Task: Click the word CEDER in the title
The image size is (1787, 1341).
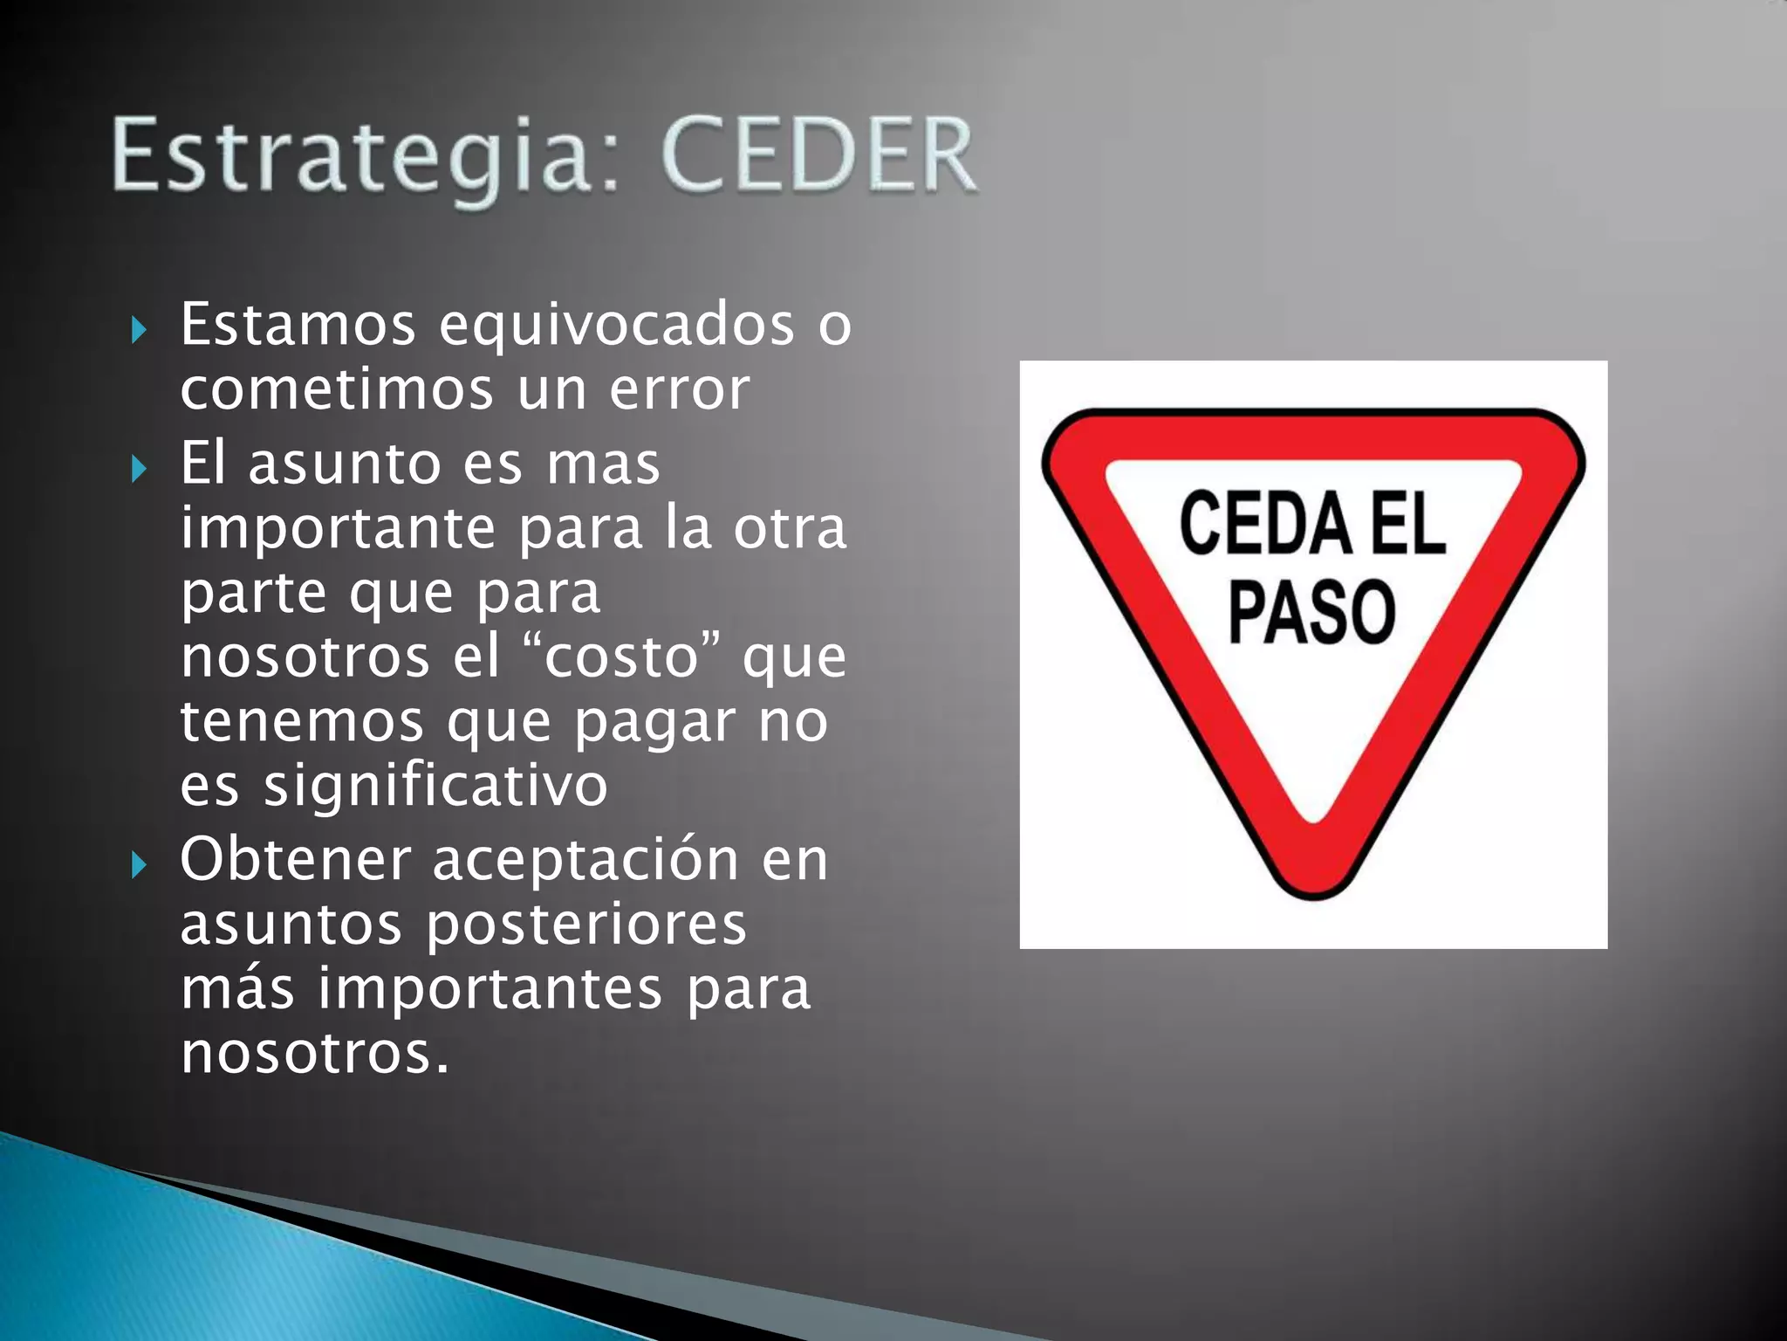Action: click(818, 155)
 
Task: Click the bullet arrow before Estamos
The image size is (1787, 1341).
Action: click(138, 330)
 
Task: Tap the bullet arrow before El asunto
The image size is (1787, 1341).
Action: click(138, 469)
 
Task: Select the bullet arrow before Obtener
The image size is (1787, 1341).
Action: click(138, 865)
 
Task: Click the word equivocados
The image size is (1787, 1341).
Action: click(616, 325)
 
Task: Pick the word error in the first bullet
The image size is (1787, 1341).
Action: click(679, 389)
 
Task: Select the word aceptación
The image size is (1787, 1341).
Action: click(585, 860)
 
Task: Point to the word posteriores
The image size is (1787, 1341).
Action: click(585, 925)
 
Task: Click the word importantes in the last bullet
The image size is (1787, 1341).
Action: click(490, 989)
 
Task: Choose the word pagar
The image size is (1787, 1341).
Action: click(654, 723)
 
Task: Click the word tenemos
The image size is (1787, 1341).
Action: click(302, 721)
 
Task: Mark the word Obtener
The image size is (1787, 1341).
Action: click(295, 860)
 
